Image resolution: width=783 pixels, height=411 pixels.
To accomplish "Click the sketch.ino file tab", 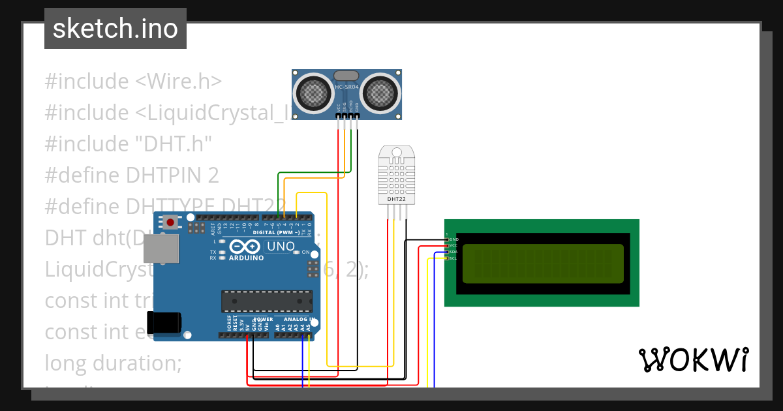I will click(x=115, y=29).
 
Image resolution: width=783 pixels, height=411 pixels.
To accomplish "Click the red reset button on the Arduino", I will click(x=170, y=222).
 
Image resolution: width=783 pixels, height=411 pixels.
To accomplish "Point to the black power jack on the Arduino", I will click(x=164, y=323).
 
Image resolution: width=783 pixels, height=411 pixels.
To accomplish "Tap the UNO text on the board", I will click(x=281, y=247).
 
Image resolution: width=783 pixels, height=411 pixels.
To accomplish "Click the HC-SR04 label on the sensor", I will click(x=346, y=86).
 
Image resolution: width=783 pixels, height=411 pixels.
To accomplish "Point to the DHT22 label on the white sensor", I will click(x=395, y=199).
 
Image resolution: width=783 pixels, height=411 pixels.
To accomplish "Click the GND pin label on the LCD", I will click(x=453, y=239).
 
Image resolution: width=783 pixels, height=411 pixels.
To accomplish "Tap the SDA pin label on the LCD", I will click(x=453, y=252).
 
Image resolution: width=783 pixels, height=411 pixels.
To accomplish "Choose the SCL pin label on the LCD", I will click(x=453, y=258).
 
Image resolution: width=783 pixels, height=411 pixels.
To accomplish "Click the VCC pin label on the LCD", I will click(x=453, y=246).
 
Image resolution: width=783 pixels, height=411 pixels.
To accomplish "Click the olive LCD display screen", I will click(x=543, y=264).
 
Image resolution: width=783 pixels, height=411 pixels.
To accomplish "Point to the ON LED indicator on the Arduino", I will click(x=296, y=252).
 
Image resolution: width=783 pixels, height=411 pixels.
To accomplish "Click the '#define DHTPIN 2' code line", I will click(x=132, y=175).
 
